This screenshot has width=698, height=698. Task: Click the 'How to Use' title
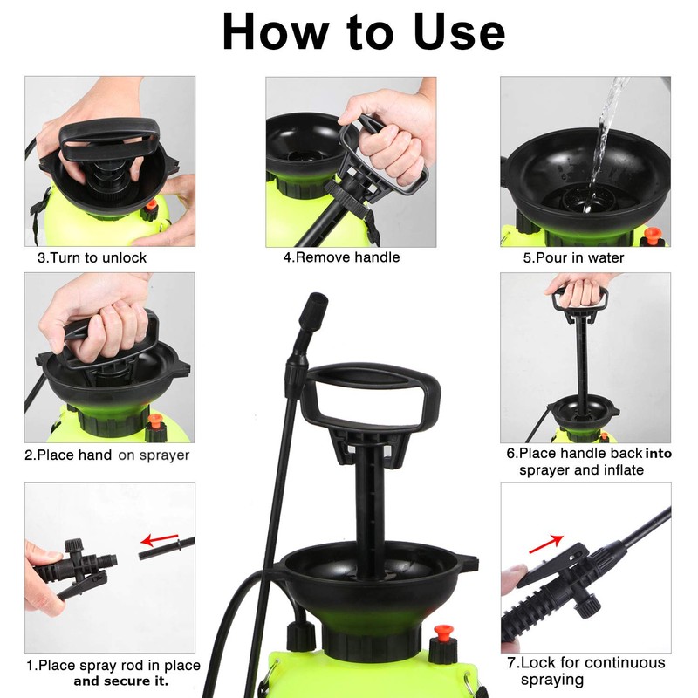click(364, 32)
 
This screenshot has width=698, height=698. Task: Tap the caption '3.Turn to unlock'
click(92, 257)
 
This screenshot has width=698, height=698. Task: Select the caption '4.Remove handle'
click(341, 257)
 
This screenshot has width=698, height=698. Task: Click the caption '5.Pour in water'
click(573, 257)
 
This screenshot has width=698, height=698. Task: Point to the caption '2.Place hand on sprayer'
click(106, 455)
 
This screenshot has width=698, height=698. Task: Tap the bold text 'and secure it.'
click(121, 681)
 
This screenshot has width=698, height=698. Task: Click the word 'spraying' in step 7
click(552, 681)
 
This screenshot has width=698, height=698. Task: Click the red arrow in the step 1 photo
click(160, 539)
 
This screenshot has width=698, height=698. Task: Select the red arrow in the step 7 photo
click(546, 544)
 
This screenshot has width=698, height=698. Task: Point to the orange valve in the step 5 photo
click(652, 235)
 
